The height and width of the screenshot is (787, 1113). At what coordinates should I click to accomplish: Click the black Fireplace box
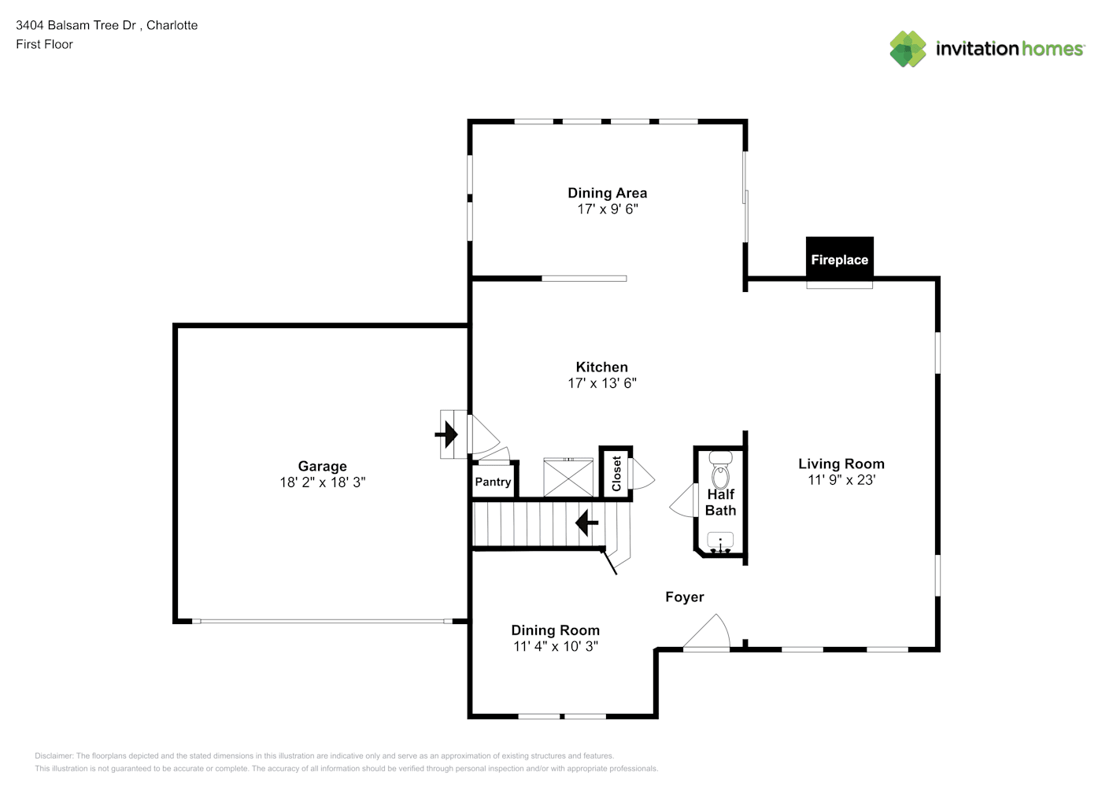click(x=840, y=257)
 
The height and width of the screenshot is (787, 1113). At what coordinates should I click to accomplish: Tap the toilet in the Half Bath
click(x=720, y=470)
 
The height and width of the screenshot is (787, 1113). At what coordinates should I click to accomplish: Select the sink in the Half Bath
click(x=720, y=541)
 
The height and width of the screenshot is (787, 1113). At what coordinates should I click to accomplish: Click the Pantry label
click(x=493, y=482)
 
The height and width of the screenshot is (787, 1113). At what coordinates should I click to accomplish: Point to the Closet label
click(x=616, y=474)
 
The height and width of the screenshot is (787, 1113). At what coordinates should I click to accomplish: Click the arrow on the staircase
click(x=587, y=523)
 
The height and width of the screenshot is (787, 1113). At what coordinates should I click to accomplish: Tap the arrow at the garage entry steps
click(x=446, y=434)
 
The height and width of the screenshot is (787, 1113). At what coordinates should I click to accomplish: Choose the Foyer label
click(x=685, y=597)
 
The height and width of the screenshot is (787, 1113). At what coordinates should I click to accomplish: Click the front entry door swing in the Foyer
click(x=708, y=631)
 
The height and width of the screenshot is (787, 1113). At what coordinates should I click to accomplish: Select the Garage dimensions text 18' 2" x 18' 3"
click(x=323, y=482)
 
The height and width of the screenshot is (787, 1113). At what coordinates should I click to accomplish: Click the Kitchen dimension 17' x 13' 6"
click(x=602, y=383)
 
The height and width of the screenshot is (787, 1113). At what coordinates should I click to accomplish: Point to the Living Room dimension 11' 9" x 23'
click(x=841, y=480)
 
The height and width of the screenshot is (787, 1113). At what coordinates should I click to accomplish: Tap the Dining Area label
click(x=607, y=193)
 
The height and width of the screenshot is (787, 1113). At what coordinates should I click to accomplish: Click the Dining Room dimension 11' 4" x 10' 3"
click(x=556, y=646)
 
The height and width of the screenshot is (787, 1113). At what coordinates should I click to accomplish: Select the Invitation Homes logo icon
click(x=908, y=49)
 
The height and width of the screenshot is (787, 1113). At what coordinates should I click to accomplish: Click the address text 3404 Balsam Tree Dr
click(x=76, y=25)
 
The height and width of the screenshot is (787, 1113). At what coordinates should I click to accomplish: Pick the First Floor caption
click(x=44, y=44)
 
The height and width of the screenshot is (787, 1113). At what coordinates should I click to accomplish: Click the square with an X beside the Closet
click(x=568, y=478)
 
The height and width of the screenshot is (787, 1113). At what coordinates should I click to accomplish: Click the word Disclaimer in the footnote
click(x=54, y=756)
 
